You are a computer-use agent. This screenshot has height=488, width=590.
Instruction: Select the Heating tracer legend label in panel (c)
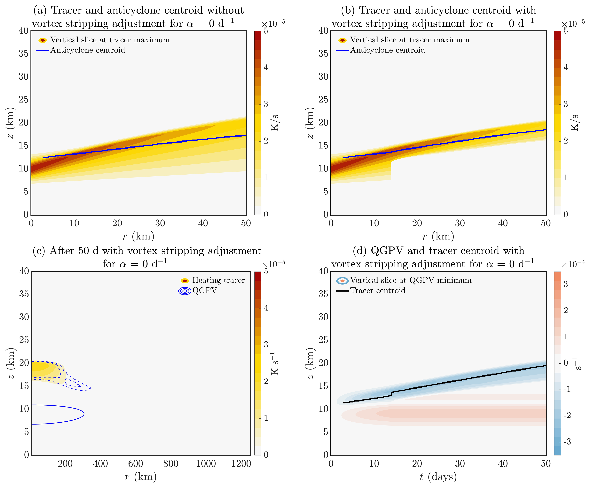pyautogui.click(x=218, y=280)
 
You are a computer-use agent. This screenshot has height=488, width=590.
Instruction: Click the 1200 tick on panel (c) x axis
pyautogui.click(x=241, y=464)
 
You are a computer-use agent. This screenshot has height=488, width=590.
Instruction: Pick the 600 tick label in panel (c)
pyautogui.click(x=136, y=464)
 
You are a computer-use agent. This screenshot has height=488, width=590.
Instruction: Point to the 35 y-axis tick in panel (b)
pyautogui.click(x=323, y=53)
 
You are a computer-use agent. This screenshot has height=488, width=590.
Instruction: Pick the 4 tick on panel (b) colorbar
pyautogui.click(x=566, y=67)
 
